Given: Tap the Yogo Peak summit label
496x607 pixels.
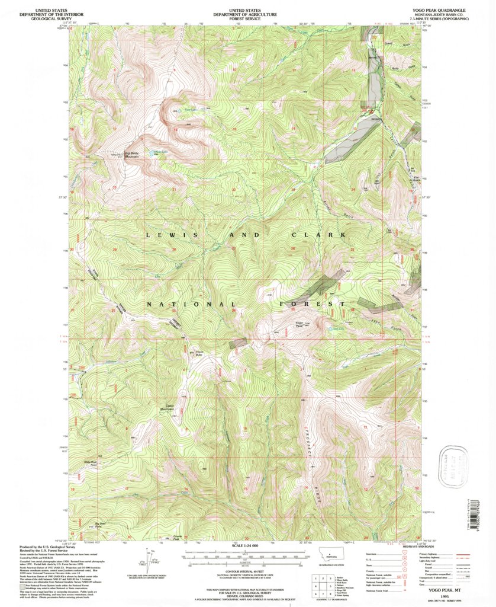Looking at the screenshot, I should (299, 324).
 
